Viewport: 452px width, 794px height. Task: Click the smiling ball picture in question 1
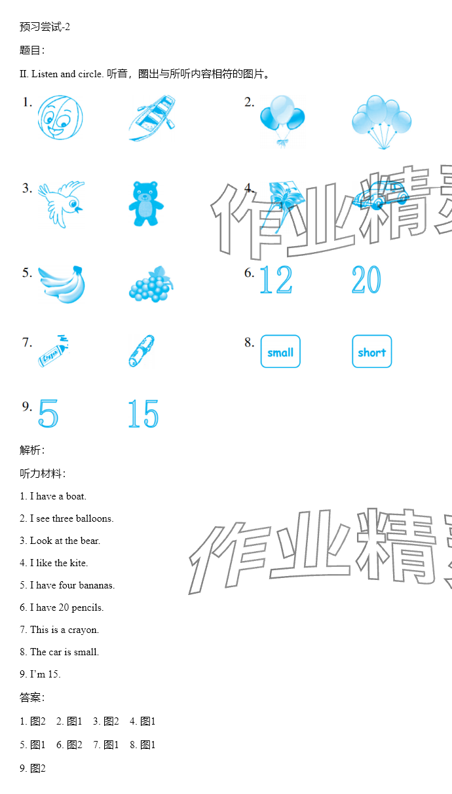(x=60, y=117)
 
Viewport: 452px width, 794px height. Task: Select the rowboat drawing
(x=152, y=118)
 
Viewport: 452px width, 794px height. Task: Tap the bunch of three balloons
(x=282, y=120)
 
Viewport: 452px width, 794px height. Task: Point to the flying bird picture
(x=62, y=204)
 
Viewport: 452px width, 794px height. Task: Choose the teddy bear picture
(x=146, y=204)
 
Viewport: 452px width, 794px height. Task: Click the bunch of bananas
(x=62, y=284)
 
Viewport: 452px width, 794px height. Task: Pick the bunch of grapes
(x=151, y=284)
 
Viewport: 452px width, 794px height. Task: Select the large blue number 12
(x=276, y=280)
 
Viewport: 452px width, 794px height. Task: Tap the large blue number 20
(x=366, y=280)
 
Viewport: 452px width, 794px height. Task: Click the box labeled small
(x=280, y=352)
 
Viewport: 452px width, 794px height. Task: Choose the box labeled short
(x=372, y=352)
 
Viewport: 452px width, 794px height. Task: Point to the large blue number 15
(x=143, y=413)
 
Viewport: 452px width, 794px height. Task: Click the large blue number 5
(x=48, y=413)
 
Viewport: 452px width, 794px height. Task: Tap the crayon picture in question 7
(x=53, y=351)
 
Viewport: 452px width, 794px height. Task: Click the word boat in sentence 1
(x=75, y=496)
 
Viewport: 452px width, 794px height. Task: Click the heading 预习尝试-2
(x=45, y=27)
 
